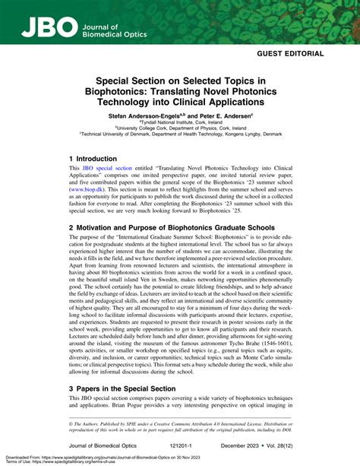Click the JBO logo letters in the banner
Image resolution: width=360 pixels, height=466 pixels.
[x=47, y=28]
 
